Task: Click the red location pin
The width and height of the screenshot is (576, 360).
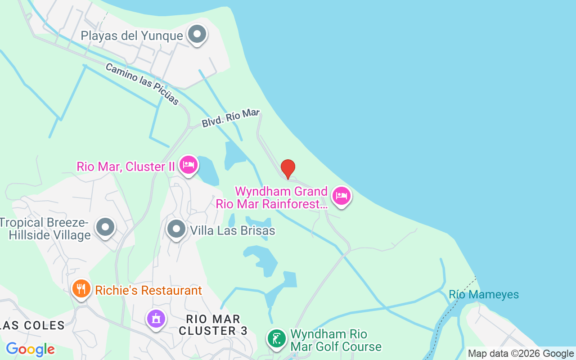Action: coord(288,169)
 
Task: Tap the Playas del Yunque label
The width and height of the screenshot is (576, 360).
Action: coord(132,36)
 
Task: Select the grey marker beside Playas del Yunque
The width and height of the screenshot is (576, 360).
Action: coord(197,34)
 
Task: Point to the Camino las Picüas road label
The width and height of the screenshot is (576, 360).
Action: coord(142,84)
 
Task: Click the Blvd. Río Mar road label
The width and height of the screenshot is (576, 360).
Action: coord(230,118)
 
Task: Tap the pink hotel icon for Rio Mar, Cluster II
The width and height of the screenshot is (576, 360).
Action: coord(188,165)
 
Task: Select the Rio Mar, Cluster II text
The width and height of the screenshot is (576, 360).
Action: coord(126,166)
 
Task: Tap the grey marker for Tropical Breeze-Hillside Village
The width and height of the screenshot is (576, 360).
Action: coord(106,227)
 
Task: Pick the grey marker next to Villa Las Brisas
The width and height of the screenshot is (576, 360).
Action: coord(176,229)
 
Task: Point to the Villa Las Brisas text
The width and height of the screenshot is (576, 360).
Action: coord(233,231)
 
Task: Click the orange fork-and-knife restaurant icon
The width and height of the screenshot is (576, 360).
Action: coord(81,288)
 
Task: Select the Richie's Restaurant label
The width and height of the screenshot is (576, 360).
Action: coord(148,290)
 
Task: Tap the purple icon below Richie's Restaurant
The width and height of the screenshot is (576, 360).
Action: coord(156,319)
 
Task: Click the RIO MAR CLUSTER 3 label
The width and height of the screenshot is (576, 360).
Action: coord(213,325)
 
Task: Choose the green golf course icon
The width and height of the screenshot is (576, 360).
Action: coord(277,338)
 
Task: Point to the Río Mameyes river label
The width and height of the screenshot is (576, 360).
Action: coord(484,295)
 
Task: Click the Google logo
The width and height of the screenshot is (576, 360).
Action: coord(31,349)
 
